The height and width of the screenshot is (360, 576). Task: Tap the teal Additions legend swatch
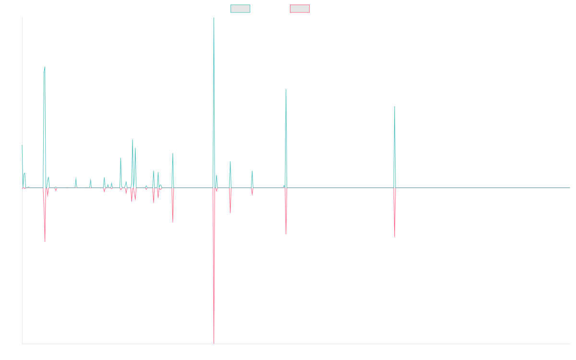(240, 9)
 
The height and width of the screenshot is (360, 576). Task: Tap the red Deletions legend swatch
(300, 9)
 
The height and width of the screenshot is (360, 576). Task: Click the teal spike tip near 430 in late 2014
(45, 67)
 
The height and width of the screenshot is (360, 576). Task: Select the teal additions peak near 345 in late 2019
(286, 89)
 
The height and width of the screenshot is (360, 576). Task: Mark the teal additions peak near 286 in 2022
(395, 107)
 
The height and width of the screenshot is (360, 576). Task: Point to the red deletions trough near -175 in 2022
(395, 237)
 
